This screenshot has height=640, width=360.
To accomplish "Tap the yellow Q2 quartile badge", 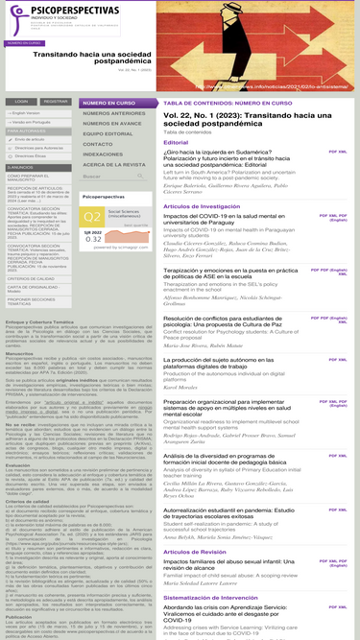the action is [93, 218].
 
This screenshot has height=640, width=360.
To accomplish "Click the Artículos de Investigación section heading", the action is [201, 206].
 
